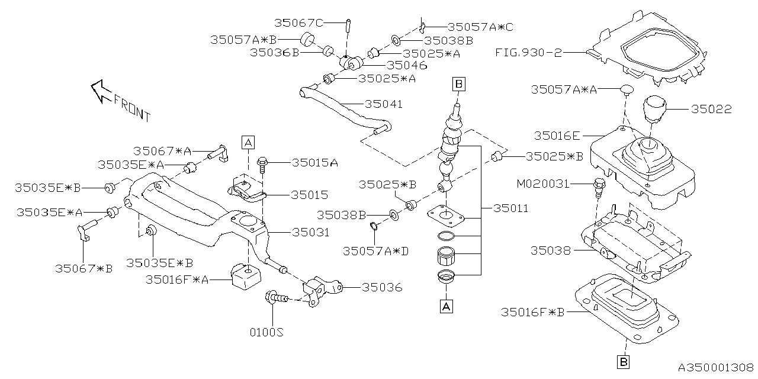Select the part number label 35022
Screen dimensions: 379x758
coord(711,110)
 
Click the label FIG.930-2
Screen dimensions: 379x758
coord(528,52)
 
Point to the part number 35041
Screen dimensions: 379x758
coord(383,104)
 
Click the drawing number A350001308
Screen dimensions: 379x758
coord(715,367)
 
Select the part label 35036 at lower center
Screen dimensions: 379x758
coord(381,288)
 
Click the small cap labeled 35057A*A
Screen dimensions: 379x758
coord(627,90)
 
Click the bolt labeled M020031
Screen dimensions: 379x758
coord(598,186)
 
